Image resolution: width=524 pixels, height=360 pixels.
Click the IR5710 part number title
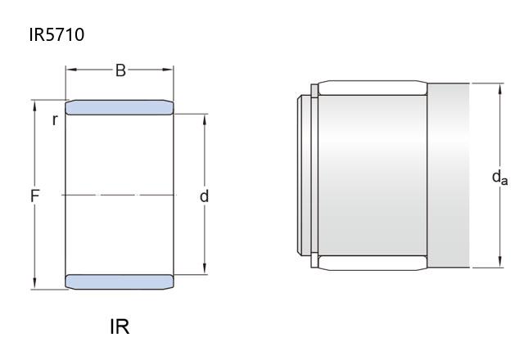[x=56, y=34]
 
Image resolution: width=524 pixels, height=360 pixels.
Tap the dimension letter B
[x=120, y=70]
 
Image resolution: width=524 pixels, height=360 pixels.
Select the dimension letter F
[x=34, y=196]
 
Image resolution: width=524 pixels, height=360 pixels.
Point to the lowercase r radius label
[x=55, y=119]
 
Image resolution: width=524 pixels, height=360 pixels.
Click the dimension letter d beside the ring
[x=204, y=196]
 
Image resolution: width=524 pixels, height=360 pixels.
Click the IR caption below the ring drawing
[x=120, y=326]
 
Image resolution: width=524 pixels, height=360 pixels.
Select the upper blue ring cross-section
[x=120, y=107]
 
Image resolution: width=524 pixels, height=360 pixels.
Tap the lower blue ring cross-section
[x=120, y=281]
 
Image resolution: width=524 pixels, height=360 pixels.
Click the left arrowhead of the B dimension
[x=71, y=70]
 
